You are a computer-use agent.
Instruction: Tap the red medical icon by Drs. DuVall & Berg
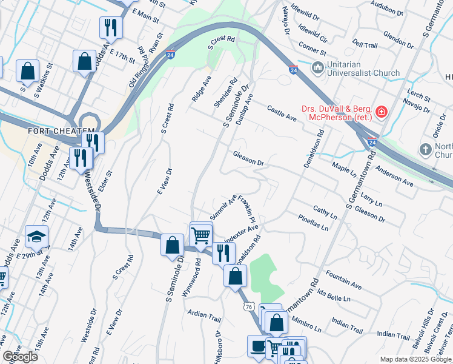click(x=381, y=111)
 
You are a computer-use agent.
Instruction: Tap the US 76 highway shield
click(x=248, y=308)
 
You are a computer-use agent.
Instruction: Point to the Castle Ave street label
click(x=282, y=112)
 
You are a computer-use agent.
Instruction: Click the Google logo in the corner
click(x=20, y=357)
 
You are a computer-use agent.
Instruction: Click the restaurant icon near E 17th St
click(x=111, y=28)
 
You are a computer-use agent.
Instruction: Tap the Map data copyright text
click(x=415, y=359)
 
